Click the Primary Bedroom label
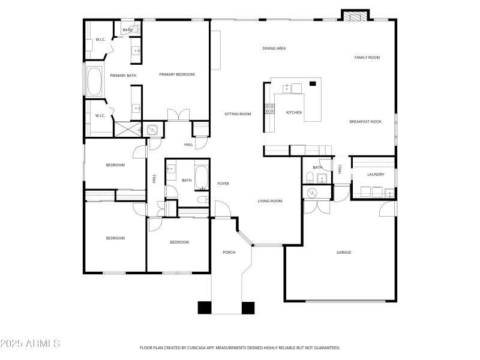point(177,74)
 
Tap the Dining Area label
point(274,49)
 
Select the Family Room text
point(367,58)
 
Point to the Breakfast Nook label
point(365,122)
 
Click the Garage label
point(344,252)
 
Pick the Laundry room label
point(376,174)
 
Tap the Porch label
point(229,252)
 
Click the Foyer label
point(223,184)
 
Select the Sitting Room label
point(238,114)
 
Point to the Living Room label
point(269,201)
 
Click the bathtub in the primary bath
point(94,82)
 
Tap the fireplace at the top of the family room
point(355,16)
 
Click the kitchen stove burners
point(269,109)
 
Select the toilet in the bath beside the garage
point(310,178)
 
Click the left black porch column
point(205,308)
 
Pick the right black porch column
point(248,308)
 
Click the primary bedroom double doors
point(178,115)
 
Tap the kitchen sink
point(287,88)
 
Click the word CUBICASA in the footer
point(198,348)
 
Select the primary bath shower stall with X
point(128,129)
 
